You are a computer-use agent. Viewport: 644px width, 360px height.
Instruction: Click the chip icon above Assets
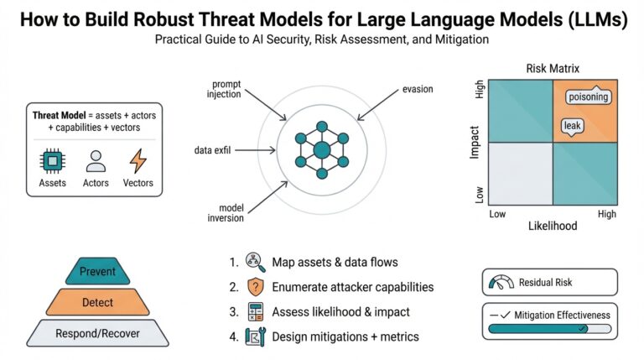click(x=52, y=160)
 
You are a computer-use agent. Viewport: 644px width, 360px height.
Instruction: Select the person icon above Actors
click(x=96, y=160)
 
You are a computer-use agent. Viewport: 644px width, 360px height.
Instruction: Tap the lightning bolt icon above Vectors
click(x=138, y=160)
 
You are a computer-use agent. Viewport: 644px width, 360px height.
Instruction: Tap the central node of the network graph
click(x=321, y=150)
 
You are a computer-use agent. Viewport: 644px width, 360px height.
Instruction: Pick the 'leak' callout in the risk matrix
click(x=572, y=126)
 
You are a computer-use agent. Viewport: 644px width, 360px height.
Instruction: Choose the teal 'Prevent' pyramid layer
click(x=97, y=271)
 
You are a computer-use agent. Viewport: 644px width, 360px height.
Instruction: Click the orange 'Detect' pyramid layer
click(x=97, y=300)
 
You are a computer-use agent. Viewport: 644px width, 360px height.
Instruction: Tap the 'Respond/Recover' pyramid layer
click(x=97, y=332)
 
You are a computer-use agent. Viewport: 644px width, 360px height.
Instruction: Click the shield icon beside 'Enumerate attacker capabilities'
click(x=255, y=286)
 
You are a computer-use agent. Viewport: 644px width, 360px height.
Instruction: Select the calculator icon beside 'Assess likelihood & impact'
click(x=255, y=311)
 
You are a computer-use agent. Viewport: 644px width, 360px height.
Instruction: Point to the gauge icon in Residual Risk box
click(x=502, y=283)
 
